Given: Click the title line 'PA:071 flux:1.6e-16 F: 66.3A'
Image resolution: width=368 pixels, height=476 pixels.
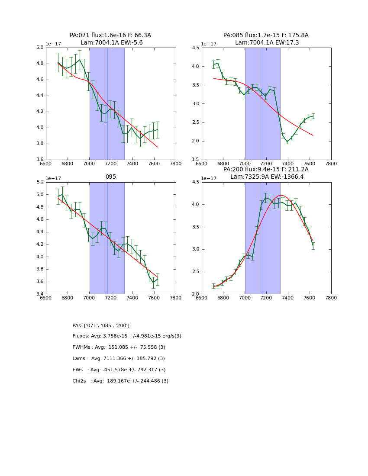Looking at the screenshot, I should pyautogui.click(x=110, y=35).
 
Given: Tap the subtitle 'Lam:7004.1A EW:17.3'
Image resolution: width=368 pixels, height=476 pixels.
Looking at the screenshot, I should pyautogui.click(x=267, y=43).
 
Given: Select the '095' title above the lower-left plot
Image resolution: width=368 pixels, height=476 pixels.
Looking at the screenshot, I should pyautogui.click(x=111, y=177).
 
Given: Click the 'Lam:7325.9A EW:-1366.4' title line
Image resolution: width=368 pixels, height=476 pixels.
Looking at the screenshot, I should pyautogui.click(x=267, y=177).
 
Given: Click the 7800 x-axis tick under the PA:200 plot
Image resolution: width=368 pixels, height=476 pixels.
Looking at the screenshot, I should pyautogui.click(x=331, y=298).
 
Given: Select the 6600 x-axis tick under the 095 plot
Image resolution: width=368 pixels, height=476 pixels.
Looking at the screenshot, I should pyautogui.click(x=46, y=298).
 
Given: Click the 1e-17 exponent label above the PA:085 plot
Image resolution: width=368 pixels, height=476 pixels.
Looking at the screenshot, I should pyautogui.click(x=210, y=44).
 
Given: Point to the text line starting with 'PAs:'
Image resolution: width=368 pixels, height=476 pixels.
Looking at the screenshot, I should pyautogui.click(x=101, y=325).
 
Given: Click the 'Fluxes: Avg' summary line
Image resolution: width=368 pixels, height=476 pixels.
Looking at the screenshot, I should pyautogui.click(x=127, y=336).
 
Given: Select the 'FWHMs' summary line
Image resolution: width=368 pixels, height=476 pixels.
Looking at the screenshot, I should pyautogui.click(x=119, y=347).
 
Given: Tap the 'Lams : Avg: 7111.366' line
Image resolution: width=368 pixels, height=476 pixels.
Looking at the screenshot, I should pyautogui.click(x=119, y=359).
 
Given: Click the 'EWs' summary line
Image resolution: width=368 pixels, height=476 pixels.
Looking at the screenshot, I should pyautogui.click(x=119, y=370).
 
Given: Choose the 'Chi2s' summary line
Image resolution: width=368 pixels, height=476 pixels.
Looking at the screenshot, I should pyautogui.click(x=120, y=381).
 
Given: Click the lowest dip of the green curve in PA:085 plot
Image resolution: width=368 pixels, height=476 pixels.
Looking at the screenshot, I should pyautogui.click(x=287, y=142).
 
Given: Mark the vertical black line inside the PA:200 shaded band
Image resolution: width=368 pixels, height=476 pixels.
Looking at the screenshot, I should pyautogui.click(x=263, y=238).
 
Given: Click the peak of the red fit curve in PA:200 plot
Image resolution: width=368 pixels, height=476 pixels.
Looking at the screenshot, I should pyautogui.click(x=281, y=195).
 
